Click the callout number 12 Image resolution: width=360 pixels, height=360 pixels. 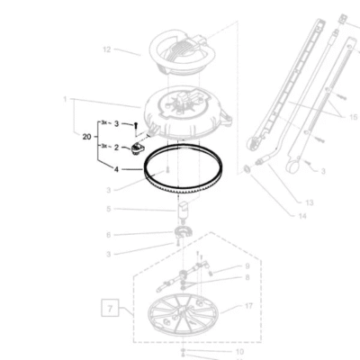pyautogui.click(x=106, y=49)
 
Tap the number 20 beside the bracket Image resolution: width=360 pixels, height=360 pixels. pyautogui.click(x=86, y=136)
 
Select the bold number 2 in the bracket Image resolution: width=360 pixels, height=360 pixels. pyautogui.click(x=115, y=147)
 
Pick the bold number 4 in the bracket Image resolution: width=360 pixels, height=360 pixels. pyautogui.click(x=115, y=168)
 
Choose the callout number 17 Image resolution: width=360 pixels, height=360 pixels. pyautogui.click(x=249, y=307)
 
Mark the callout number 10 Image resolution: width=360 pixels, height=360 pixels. pyautogui.click(x=239, y=352)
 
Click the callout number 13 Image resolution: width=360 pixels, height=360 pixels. pyautogui.click(x=309, y=203)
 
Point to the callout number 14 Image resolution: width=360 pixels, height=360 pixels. pyautogui.click(x=301, y=216)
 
